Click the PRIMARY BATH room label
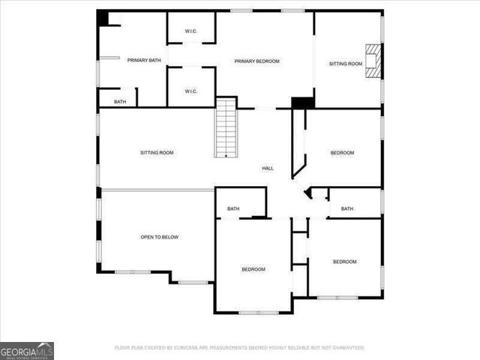pyautogui.click(x=144, y=60)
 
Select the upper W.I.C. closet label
pyautogui.click(x=190, y=31)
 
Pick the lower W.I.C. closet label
pyautogui.click(x=190, y=91)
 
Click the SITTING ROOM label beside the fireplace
pyautogui.click(x=345, y=64)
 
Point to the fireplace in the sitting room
pyautogui.click(x=373, y=57)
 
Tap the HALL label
pyautogui.click(x=267, y=169)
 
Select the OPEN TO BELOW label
pyautogui.click(x=160, y=237)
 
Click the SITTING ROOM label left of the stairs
pyautogui.click(x=157, y=153)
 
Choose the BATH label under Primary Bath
pyautogui.click(x=120, y=101)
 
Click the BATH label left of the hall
pyautogui.click(x=233, y=208)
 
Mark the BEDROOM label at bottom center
pyautogui.click(x=253, y=269)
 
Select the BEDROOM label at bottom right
pyautogui.click(x=344, y=262)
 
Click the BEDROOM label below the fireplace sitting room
pyautogui.click(x=342, y=153)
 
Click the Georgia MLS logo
pyautogui.click(x=27, y=350)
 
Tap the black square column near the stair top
pyautogui.click(x=302, y=103)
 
